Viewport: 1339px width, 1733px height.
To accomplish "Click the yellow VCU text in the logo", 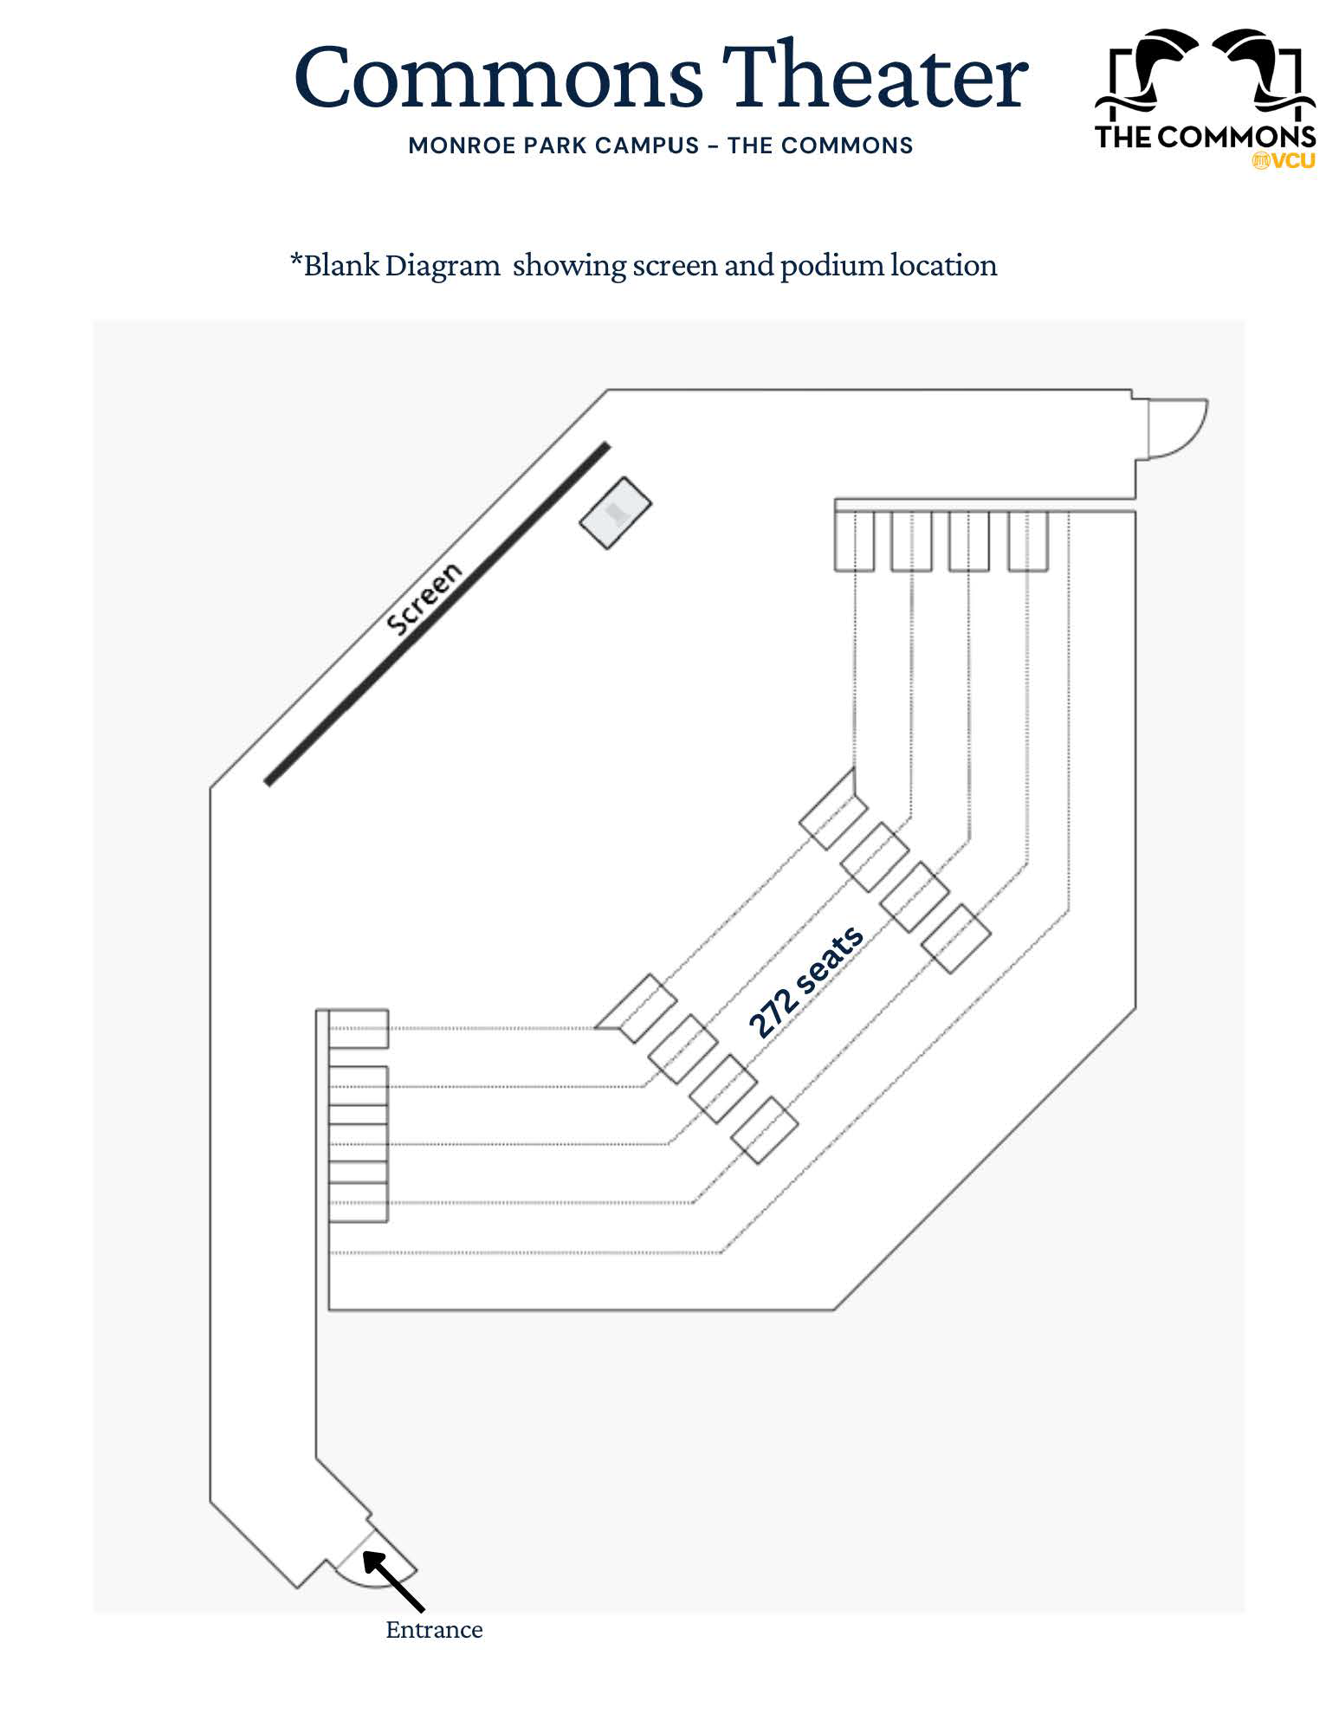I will pyautogui.click(x=1290, y=161).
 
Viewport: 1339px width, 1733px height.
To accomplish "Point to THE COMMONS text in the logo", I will pyautogui.click(x=1205, y=137).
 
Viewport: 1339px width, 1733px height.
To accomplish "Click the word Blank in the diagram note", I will pyautogui.click(x=341, y=265).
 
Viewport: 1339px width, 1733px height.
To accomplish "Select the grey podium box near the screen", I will pyautogui.click(x=615, y=512).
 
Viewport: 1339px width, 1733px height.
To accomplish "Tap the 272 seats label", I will pyautogui.click(x=805, y=981).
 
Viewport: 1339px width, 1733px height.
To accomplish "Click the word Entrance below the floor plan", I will pyautogui.click(x=434, y=1630).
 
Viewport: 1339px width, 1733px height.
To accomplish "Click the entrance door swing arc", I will pyautogui.click(x=381, y=1575).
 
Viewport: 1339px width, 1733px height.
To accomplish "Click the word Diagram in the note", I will pyautogui.click(x=443, y=265).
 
